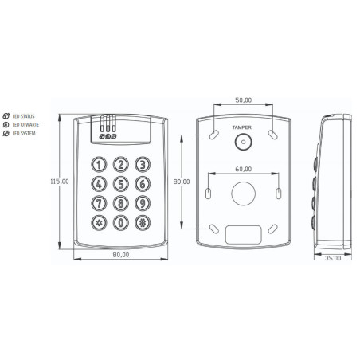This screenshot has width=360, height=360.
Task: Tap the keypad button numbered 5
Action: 121,184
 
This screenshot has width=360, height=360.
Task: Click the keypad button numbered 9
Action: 143,203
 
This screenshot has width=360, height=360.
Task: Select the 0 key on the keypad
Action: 121,223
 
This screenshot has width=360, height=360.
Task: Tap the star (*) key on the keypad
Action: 99,223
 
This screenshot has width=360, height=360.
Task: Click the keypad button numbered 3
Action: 143,165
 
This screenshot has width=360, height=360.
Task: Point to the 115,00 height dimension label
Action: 60,182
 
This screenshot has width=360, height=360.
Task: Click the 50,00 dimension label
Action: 244,100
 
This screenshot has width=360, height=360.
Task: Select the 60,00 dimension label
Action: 244,169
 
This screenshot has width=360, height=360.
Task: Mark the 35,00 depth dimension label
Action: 333,258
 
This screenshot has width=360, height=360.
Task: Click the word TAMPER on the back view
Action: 242,127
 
